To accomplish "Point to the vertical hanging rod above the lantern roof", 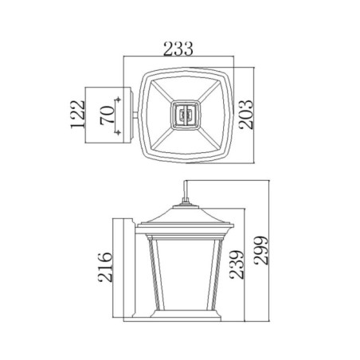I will (186, 192).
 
